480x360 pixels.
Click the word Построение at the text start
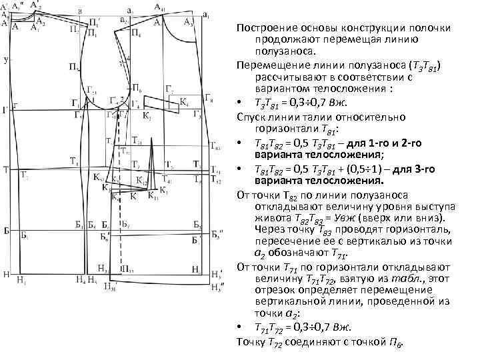tap(265, 27)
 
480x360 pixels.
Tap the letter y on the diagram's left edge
tap(5, 60)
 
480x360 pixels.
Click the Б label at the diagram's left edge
tap(5, 230)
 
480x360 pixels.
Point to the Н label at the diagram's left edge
tap(5, 273)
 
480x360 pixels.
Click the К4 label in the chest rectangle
tap(185, 103)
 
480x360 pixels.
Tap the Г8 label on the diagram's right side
tap(210, 99)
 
